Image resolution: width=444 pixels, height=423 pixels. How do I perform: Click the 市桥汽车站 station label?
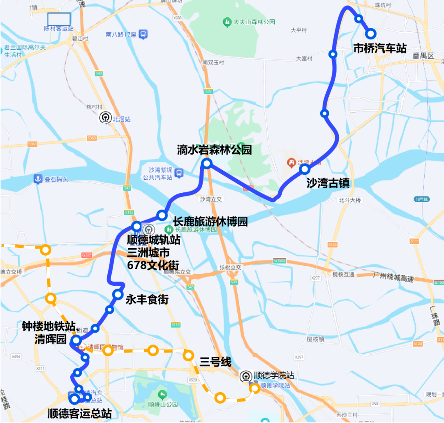380,49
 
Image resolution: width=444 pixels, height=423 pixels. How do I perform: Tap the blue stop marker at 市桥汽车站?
371,33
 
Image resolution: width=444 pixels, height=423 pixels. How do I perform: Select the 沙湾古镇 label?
328,183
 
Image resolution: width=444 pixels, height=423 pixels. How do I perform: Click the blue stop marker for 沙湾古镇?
305,169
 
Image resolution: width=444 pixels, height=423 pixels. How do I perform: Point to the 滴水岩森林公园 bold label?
214,150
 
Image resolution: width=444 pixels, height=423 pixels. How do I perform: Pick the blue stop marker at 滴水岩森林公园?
207,164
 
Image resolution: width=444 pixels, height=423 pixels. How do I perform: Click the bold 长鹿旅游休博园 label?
210,222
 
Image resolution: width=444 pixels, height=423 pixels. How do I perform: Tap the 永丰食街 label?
147,300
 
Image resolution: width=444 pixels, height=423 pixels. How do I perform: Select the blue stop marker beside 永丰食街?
118,294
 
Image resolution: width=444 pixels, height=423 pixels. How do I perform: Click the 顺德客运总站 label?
79,413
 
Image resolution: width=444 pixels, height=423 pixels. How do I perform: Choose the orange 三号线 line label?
215,362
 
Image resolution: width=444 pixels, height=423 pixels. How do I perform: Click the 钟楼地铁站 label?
49,327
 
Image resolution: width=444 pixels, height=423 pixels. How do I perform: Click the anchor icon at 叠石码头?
38,179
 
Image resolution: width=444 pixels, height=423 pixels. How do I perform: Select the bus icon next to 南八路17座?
143,35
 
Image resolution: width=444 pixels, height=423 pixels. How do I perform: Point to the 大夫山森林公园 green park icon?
227,22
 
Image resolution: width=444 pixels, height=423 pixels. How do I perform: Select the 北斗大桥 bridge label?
349,200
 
